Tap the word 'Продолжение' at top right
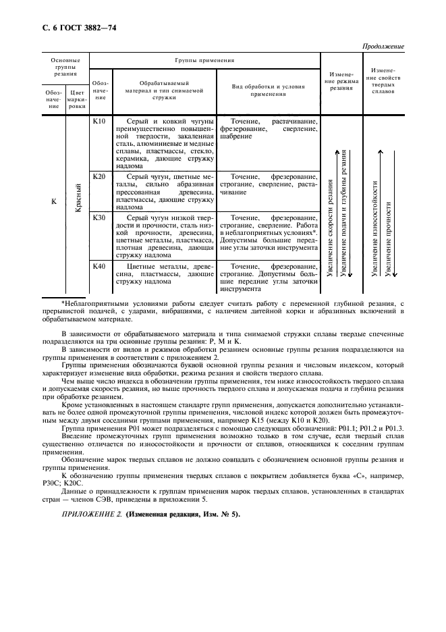click(383, 47)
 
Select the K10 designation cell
click(99, 122)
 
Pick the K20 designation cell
click(99, 176)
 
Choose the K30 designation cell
click(99, 218)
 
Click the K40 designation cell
click(99, 267)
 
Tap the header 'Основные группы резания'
click(65, 68)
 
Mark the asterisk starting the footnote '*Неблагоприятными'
click(63, 303)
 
